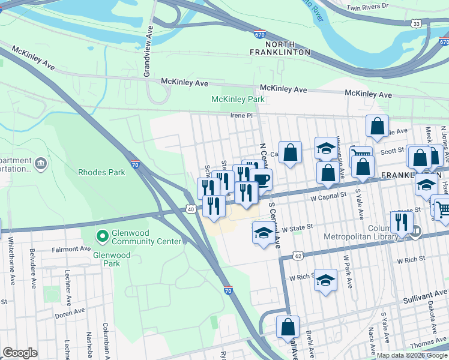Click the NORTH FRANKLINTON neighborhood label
click(x=280, y=47)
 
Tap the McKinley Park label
click(x=238, y=99)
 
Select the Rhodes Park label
click(x=101, y=172)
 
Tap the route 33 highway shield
click(x=416, y=23)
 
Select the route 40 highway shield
click(x=190, y=209)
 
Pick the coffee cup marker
click(x=262, y=178)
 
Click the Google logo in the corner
click(x=20, y=353)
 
